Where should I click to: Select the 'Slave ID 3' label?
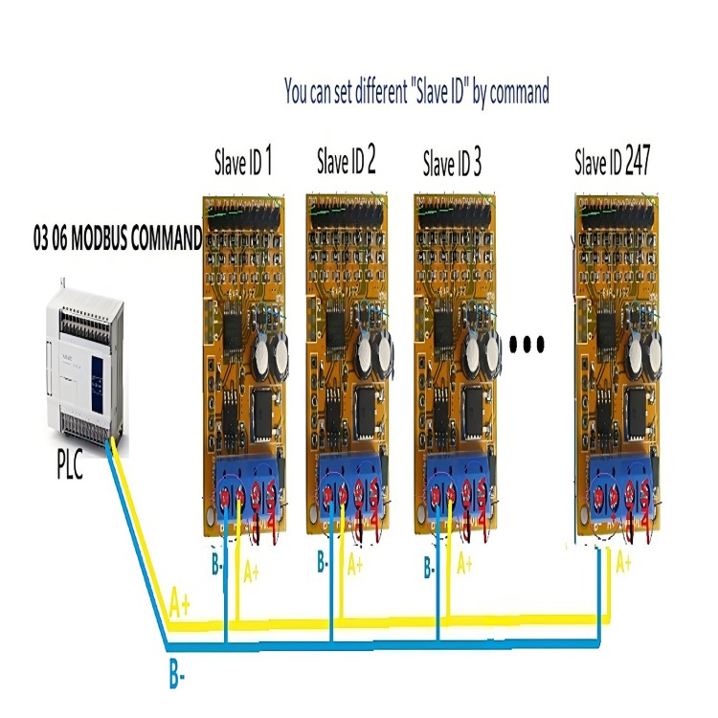click(x=452, y=165)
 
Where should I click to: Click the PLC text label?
click(x=68, y=468)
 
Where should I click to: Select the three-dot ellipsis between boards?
click(x=527, y=342)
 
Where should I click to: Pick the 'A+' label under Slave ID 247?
click(x=624, y=563)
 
